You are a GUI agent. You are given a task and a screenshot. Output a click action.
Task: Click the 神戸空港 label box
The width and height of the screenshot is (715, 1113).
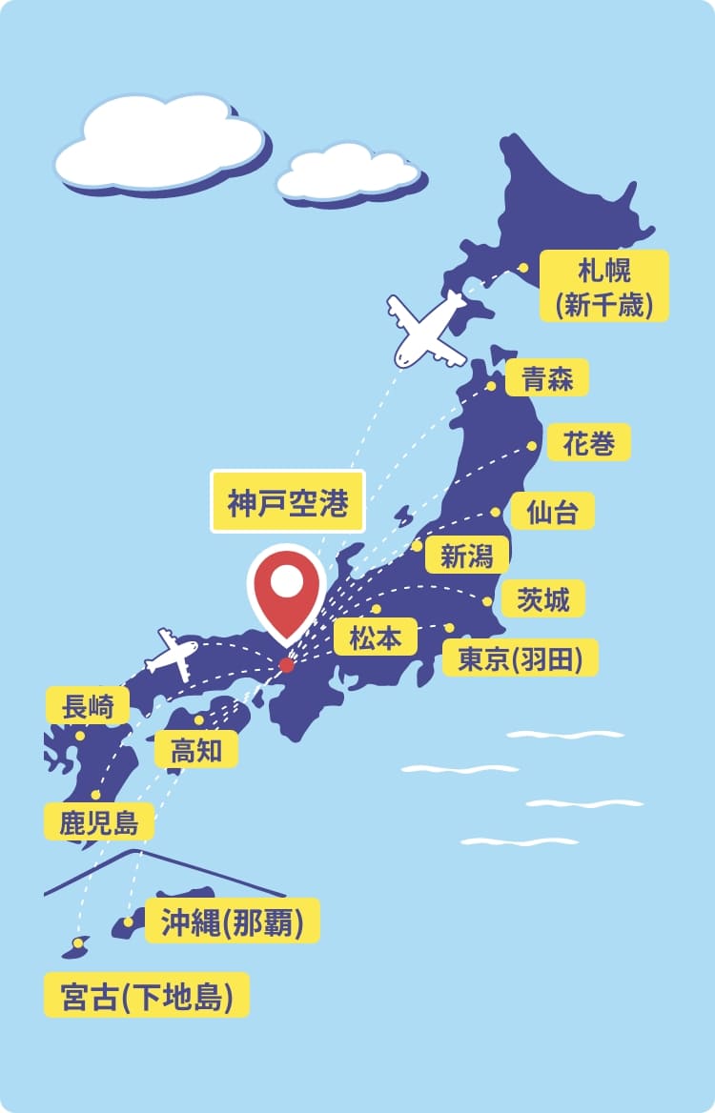coord(287,501)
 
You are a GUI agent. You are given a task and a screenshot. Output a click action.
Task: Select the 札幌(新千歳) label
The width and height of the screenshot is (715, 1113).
coord(604,285)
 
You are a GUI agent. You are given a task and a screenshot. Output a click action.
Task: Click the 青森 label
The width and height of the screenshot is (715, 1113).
coord(546,378)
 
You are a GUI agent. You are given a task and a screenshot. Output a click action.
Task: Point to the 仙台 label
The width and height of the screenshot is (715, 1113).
coord(552,511)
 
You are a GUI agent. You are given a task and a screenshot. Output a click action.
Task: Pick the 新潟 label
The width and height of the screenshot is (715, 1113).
coord(467,555)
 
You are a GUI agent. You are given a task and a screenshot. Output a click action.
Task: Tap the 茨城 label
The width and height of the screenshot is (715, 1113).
coord(542,599)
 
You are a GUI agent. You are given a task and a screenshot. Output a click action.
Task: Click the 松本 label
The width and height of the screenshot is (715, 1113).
coord(376,637)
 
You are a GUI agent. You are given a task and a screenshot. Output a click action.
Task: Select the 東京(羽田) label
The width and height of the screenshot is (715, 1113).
coord(520,658)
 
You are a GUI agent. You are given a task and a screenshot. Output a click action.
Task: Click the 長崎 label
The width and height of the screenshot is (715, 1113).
coord(88,706)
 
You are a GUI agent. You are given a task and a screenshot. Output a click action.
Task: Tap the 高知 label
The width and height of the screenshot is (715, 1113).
coord(196,750)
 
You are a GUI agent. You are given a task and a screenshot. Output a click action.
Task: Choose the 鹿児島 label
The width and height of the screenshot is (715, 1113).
coord(98,821)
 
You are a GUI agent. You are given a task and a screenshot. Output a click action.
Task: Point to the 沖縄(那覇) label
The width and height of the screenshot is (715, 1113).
coord(232,922)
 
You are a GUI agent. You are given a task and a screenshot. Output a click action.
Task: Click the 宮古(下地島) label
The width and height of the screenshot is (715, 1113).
coord(147,996)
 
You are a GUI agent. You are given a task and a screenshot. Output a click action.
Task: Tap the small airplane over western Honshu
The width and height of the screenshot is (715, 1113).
coord(173,654)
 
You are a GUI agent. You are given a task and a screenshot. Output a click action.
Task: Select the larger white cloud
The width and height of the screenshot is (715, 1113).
coord(159,141)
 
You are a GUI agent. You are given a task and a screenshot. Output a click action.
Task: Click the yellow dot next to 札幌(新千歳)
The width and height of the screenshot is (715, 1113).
coord(522,268)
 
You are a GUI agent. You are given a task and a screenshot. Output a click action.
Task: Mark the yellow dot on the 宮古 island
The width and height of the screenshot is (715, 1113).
coord(77,942)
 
